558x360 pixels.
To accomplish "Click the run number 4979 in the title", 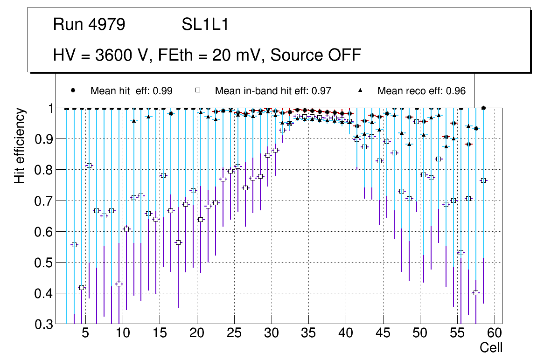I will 107,25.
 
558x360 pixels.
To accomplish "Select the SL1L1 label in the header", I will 205,25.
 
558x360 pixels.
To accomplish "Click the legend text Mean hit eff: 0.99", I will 132,91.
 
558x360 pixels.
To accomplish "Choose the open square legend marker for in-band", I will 198,90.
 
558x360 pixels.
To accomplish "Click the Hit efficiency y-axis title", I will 19,145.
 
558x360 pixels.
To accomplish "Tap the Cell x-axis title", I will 491,348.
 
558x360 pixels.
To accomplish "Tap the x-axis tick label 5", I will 85,334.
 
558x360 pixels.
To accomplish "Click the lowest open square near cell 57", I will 476,293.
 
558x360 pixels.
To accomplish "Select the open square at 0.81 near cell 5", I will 89,166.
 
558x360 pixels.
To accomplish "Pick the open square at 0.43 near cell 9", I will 119,284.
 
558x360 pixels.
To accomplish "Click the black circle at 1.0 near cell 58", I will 483,108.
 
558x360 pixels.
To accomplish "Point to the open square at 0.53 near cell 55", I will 461,253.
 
